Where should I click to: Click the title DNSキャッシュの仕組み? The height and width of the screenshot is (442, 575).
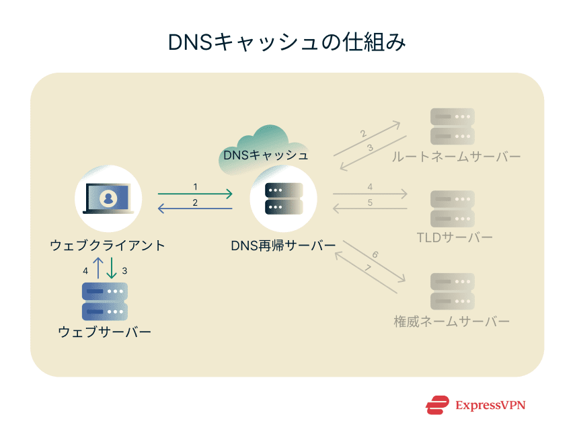[x=287, y=42]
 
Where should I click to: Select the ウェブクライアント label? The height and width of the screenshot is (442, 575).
[x=108, y=246]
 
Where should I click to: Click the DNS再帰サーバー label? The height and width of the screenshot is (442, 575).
[x=283, y=246]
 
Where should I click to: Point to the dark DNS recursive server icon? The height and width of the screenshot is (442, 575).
[x=283, y=198]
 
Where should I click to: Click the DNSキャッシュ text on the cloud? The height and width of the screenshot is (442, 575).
[x=266, y=155]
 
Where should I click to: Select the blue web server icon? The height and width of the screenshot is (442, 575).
[x=105, y=301]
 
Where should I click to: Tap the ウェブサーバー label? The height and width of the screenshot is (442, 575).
[x=105, y=332]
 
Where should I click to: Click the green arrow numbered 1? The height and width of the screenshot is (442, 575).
[x=195, y=194]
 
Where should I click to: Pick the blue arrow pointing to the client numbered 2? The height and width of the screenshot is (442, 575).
[x=195, y=209]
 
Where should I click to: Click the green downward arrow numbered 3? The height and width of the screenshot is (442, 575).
[x=112, y=268]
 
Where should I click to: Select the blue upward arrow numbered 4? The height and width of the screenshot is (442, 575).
[x=98, y=268]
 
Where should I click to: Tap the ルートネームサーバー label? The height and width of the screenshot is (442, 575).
[x=458, y=157]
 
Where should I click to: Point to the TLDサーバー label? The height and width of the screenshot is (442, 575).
[x=455, y=238]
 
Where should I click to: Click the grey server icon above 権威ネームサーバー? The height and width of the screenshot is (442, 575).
[x=453, y=291]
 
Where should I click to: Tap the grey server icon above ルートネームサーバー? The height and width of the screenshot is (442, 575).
[x=453, y=126]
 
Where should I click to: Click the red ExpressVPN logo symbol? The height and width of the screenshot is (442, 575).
[x=437, y=405]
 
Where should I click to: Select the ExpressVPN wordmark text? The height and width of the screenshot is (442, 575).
[x=490, y=405]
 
